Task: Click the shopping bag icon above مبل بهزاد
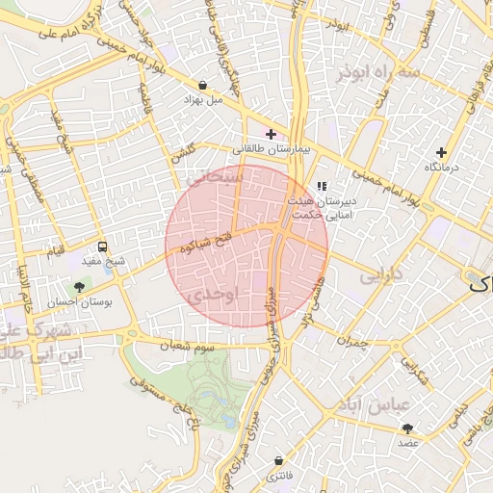[201, 84]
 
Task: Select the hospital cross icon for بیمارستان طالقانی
[271, 134]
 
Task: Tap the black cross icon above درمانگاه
[441, 152]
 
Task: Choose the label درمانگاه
[441, 168]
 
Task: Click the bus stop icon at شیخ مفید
[103, 247]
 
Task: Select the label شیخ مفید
[103, 262]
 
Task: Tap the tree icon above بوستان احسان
[80, 286]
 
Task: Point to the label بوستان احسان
[80, 300]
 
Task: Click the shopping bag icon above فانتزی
[278, 461]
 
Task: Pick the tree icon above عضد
[408, 428]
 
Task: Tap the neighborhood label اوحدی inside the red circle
[214, 296]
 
